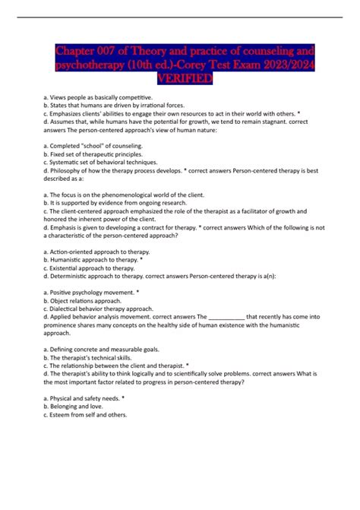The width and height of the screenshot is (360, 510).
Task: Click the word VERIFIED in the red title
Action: point(180,79)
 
